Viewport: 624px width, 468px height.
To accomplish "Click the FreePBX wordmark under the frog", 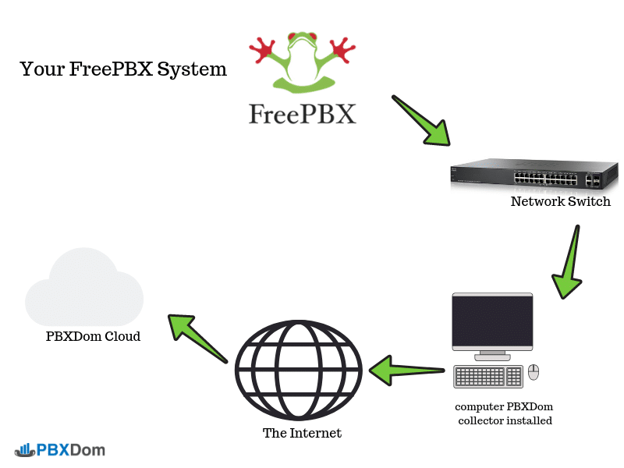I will pos(303,114).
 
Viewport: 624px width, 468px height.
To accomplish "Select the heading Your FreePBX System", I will pos(123,69).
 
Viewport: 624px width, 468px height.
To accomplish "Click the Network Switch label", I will pos(560,202).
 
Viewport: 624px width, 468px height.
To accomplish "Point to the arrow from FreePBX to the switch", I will pos(420,120).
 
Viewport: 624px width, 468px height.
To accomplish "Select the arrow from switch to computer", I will pos(569,262).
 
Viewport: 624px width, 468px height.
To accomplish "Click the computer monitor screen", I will pos(492,322).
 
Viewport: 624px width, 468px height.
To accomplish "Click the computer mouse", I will pos(534,372).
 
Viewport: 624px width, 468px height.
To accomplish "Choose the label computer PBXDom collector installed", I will pos(505,413).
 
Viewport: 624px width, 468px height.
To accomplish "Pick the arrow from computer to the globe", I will pos(406,368).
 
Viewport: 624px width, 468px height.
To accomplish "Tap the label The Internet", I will pos(302,433).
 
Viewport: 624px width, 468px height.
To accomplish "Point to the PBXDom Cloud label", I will pos(93,337).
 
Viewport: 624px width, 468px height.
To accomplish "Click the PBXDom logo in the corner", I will pos(59,450).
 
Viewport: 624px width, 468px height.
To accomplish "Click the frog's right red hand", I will pos(342,51).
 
